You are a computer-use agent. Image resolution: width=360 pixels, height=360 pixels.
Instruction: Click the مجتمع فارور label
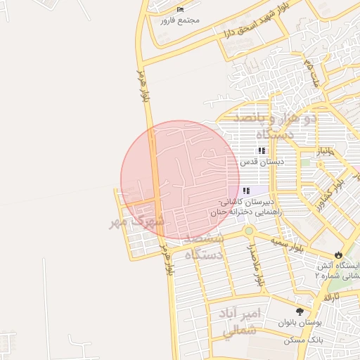180,20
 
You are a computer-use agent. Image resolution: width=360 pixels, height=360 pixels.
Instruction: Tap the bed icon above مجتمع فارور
180,9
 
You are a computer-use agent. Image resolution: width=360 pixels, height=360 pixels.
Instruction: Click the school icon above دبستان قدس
262,150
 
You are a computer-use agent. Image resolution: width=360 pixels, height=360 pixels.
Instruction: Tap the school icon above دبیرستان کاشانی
246,191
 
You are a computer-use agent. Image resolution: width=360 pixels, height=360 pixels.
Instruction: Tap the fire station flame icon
339,255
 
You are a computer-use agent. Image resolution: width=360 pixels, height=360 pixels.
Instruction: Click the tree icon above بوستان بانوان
301,311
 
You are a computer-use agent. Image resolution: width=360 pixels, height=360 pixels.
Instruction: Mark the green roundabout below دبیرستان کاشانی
248,231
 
